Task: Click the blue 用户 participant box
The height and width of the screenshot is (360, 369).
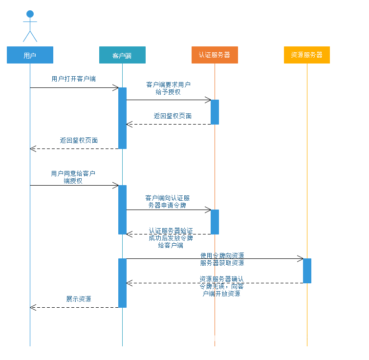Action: (30, 55)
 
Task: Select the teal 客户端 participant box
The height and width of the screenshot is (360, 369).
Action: (122, 55)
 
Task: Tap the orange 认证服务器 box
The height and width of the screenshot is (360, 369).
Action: (215, 55)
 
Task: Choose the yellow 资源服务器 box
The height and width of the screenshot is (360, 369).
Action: (307, 55)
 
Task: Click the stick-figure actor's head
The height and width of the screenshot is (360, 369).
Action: (30, 14)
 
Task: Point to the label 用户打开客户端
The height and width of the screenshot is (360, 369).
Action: (73, 79)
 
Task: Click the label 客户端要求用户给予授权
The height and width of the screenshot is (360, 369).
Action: (168, 88)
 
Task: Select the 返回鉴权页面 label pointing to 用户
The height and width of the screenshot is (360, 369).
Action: (79, 140)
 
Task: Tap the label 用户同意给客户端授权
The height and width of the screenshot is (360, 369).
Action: (73, 177)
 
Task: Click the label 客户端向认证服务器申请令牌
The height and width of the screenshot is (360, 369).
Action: (168, 201)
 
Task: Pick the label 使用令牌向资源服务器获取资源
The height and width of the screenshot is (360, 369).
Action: (222, 259)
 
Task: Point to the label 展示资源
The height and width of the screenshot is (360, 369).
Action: (79, 299)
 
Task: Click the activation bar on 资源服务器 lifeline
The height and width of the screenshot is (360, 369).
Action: (307, 271)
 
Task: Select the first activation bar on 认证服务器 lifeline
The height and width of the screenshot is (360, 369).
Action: (215, 112)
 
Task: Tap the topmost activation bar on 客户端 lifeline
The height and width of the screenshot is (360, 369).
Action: (122, 118)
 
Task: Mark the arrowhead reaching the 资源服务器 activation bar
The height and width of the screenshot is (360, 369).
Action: (301, 258)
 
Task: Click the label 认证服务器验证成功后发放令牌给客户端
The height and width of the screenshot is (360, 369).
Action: (171, 238)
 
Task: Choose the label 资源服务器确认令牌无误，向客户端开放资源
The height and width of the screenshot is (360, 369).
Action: (221, 286)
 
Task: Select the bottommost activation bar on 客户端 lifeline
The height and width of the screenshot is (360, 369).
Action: (122, 283)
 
